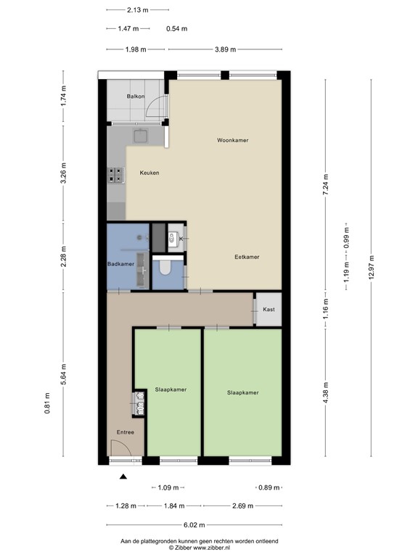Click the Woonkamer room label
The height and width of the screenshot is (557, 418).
[232, 140]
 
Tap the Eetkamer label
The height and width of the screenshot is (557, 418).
[247, 257]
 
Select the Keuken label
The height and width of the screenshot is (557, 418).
[149, 173]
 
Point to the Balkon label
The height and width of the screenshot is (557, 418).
[136, 96]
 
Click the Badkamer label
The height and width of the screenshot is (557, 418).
[120, 264]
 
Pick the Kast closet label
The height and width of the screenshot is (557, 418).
[269, 310]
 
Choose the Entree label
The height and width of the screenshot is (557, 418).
[125, 432]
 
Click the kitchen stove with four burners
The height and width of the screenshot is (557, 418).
[115, 174]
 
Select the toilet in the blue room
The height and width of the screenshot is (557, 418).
[165, 269]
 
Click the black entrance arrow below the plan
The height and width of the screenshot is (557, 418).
[123, 476]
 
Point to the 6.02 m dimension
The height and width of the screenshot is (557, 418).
[194, 524]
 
